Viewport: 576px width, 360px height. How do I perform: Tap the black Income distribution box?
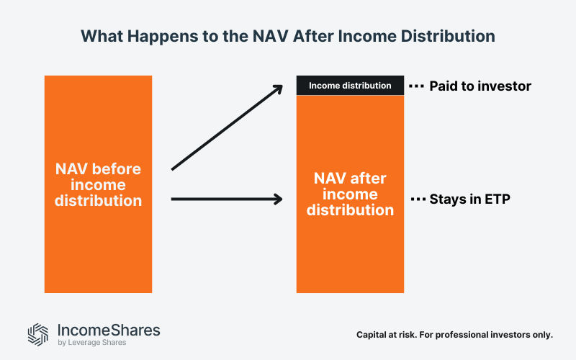[x=350, y=86]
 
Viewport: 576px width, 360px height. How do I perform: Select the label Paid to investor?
[x=480, y=86]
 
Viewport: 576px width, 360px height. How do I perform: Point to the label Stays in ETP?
[x=469, y=199]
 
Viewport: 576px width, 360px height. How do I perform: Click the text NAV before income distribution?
[x=99, y=185]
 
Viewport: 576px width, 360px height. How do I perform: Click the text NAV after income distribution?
[x=350, y=194]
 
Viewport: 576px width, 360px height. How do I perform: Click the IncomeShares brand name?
[x=108, y=330]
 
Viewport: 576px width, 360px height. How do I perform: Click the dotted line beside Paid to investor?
[x=417, y=86]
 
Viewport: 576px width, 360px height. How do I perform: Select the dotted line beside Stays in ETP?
[x=417, y=199]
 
